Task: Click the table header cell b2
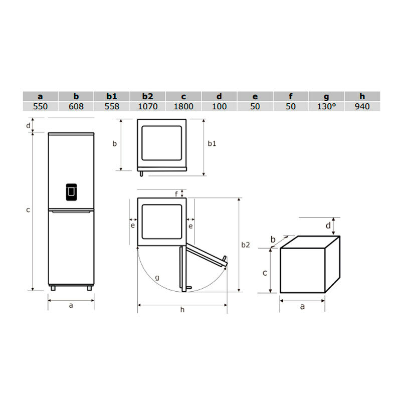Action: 147,96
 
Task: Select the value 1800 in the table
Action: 183,106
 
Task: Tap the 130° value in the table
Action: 327,106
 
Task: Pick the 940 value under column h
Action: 362,106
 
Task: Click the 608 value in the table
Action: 76,106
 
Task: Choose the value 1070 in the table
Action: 148,106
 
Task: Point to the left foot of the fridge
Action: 53,288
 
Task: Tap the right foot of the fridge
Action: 89,288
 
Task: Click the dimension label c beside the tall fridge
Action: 28,210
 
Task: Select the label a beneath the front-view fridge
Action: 71,304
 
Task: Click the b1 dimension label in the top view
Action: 212,144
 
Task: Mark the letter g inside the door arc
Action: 157,277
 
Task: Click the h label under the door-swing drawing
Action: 182,310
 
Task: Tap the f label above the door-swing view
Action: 176,194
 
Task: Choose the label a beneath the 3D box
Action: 302,306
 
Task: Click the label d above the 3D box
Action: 328,226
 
